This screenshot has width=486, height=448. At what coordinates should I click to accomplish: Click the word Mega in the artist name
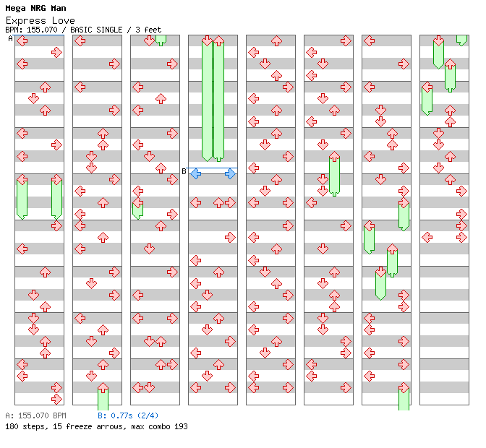[16, 9]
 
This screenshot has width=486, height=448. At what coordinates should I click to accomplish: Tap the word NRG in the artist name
[39, 9]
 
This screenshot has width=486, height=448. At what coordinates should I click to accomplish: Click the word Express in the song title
[25, 20]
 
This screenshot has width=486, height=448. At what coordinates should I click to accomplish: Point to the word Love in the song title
[62, 20]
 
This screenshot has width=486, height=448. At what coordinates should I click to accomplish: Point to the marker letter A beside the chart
[10, 39]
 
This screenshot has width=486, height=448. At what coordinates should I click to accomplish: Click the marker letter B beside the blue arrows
[184, 172]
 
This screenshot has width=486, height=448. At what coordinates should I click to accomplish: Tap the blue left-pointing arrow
[195, 173]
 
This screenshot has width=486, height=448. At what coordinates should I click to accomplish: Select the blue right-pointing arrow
[230, 173]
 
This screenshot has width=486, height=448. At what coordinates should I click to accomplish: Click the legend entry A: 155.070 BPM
[35, 415]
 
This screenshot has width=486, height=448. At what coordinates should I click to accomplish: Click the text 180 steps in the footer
[22, 426]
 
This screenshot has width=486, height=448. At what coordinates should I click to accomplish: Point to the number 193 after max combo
[180, 426]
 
